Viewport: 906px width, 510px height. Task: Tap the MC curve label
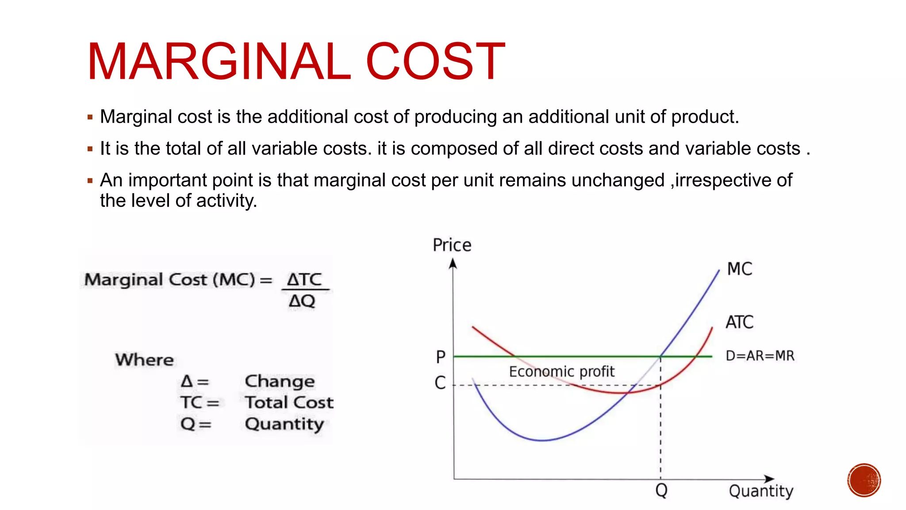click(x=739, y=269)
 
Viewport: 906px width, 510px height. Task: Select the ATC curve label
click(x=739, y=322)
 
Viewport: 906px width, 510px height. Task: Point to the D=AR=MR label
click(x=760, y=355)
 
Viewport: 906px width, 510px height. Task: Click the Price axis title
click(x=452, y=245)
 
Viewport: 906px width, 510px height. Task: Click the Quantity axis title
click(x=761, y=491)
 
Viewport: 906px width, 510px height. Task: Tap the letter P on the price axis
click(x=441, y=357)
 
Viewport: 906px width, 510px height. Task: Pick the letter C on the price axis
click(x=440, y=382)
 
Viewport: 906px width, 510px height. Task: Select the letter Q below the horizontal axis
click(x=661, y=490)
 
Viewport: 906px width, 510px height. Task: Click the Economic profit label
click(x=561, y=371)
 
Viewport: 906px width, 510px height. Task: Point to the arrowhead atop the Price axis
click(x=453, y=264)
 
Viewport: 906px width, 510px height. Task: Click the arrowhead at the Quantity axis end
click(x=769, y=479)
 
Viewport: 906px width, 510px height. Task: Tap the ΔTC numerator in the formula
click(x=304, y=279)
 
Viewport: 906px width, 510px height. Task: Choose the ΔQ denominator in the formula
click(x=302, y=301)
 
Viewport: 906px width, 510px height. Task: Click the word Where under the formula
click(x=145, y=359)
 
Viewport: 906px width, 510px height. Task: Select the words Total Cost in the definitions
click(x=289, y=402)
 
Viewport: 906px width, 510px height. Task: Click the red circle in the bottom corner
click(x=864, y=480)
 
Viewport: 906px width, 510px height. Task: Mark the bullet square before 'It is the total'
click(x=90, y=149)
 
